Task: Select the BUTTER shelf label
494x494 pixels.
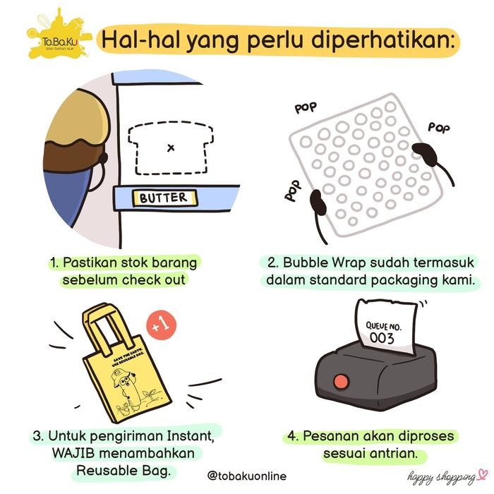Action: [x=164, y=198]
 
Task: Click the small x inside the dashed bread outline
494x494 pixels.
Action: [x=170, y=147]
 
